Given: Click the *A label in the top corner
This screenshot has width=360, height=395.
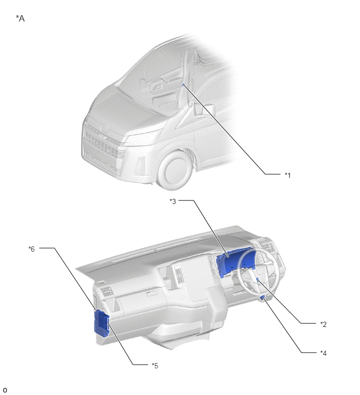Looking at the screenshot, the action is coord(20,18).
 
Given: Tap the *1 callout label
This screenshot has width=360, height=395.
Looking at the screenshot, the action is coord(287,175).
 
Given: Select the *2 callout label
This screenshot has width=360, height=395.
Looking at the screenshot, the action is coord(323,324).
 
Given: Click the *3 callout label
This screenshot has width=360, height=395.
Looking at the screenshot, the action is coord(173,201).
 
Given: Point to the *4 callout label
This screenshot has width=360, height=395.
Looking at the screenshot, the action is coord(323,353).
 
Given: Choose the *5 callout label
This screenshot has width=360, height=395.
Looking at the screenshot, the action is coord(155,366).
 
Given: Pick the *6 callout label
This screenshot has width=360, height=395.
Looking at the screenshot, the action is coord(31,249).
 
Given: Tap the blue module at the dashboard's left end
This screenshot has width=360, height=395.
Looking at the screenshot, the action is coord(102,323).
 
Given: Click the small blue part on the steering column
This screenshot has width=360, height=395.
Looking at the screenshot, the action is coord(258,279).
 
